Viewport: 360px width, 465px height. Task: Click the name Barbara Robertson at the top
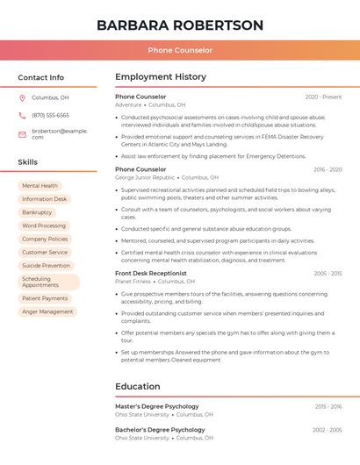[180, 25]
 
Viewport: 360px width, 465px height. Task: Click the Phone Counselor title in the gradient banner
[180, 50]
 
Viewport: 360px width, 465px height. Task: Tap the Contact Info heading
[41, 77]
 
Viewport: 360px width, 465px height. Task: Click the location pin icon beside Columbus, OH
[22, 98]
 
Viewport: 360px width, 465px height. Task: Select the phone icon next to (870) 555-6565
[22, 115]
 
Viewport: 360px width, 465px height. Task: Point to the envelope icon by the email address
[22, 134]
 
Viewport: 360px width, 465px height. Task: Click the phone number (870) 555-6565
[50, 115]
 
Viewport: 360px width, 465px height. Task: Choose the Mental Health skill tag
[40, 186]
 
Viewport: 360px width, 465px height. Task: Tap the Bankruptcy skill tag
[37, 212]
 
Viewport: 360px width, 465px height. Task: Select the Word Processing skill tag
[44, 225]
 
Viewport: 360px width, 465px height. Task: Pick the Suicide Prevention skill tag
[46, 265]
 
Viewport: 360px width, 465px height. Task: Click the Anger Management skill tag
[47, 311]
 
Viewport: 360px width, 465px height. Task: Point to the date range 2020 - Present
[323, 97]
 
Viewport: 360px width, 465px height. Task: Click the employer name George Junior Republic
[145, 177]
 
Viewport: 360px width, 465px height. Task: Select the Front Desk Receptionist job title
[151, 273]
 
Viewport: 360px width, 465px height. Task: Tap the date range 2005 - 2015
[328, 273]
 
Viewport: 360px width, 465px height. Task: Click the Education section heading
[138, 386]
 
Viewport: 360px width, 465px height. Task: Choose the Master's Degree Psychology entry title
[157, 406]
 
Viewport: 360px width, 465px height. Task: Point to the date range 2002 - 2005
[328, 430]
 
